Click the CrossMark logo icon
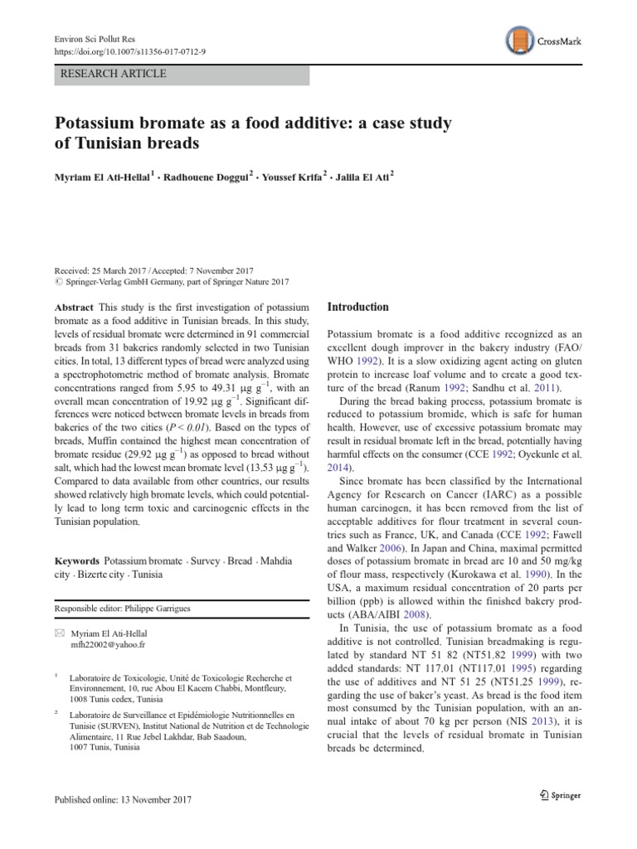click(x=518, y=41)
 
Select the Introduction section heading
click(x=357, y=307)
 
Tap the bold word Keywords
click(x=77, y=561)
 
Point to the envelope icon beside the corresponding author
click(x=58, y=632)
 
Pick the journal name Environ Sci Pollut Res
click(x=93, y=37)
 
